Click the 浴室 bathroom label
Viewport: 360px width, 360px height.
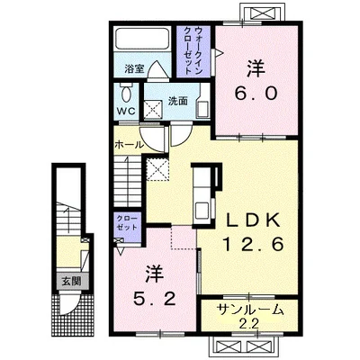coord(134,69)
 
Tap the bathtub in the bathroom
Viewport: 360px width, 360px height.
coord(141,39)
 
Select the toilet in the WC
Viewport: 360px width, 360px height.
coord(126,93)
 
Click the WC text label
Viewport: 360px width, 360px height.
coord(126,111)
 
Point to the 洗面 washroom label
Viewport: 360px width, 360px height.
coord(177,102)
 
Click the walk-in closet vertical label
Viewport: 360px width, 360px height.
coord(193,50)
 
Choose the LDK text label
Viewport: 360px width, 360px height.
coord(253,221)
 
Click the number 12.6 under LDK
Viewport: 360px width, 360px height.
coord(253,245)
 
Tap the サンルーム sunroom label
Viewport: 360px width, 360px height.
coord(250,310)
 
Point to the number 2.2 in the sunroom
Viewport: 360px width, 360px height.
coord(249,324)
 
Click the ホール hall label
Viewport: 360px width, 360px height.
coord(129,145)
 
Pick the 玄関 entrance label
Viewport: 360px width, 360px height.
coord(71,282)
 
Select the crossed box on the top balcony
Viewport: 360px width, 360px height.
coord(262,13)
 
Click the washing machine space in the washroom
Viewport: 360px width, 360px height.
coord(153,110)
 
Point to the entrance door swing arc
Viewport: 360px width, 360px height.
coord(69,305)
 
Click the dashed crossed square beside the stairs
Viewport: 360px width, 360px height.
coord(157,169)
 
